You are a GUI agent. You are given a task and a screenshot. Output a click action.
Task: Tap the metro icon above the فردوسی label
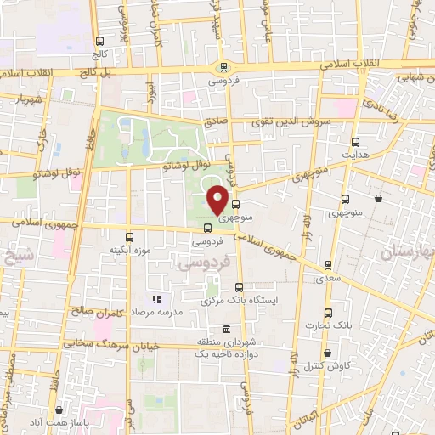[223, 68]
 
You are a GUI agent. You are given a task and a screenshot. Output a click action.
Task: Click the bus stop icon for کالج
[100, 40]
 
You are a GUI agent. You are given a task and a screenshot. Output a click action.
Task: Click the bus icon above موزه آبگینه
[130, 237]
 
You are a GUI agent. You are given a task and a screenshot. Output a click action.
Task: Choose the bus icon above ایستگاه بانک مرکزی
[239, 287]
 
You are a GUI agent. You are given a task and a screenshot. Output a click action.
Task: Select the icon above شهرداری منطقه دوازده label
[225, 330]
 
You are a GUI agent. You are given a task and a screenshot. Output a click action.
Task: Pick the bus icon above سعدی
[322, 265]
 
